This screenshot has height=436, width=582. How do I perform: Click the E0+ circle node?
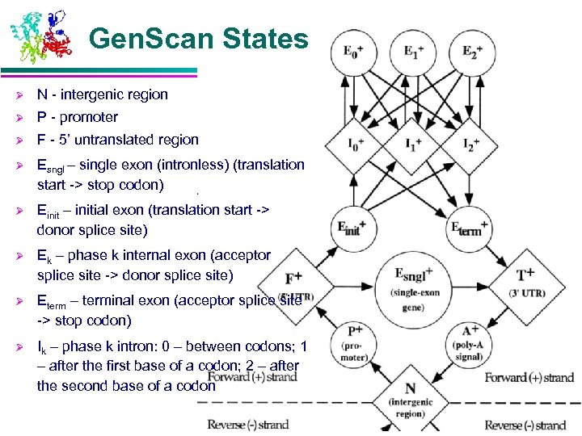(350, 53)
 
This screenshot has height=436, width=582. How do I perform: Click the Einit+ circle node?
(351, 227)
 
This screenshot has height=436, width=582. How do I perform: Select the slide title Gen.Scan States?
(199, 38)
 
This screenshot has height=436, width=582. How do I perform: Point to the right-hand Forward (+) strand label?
(529, 377)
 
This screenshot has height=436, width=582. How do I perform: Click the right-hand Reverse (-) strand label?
(525, 425)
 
